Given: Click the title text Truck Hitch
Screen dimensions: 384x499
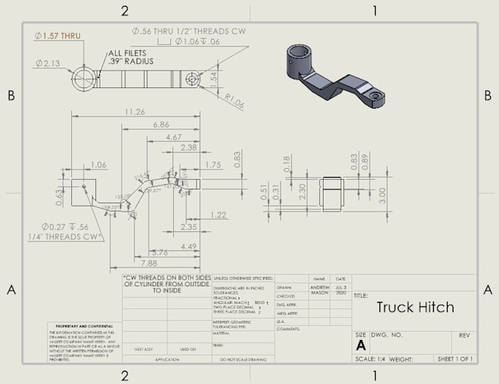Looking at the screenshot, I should (x=415, y=307).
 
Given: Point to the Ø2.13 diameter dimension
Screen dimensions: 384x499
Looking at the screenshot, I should (x=48, y=63).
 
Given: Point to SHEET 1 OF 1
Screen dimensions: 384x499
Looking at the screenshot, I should (x=454, y=359).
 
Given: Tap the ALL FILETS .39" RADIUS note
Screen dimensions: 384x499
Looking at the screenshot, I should (x=131, y=57).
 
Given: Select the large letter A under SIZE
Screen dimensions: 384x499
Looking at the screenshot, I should (x=361, y=344).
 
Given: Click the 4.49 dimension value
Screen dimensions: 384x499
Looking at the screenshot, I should (x=189, y=246).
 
